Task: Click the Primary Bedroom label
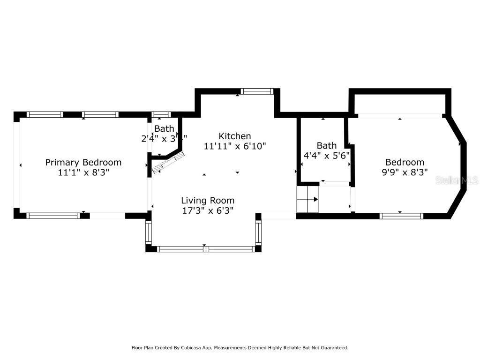(x=83, y=162)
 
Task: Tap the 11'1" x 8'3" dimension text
(x=83, y=172)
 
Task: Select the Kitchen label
(x=235, y=136)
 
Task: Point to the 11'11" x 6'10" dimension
(x=235, y=146)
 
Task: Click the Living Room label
(x=208, y=201)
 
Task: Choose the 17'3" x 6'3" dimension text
(x=208, y=210)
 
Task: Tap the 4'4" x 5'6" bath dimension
(x=326, y=155)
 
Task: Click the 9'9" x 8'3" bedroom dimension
(x=405, y=172)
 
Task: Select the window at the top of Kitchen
(x=257, y=91)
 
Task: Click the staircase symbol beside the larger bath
(x=307, y=200)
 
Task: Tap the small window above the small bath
(x=161, y=114)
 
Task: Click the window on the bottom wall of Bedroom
(x=401, y=216)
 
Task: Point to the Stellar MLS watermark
(x=457, y=180)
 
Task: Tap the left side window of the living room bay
(x=149, y=232)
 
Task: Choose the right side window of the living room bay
(x=258, y=232)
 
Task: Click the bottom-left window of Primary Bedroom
(x=53, y=216)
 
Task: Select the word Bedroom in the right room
(x=405, y=162)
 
